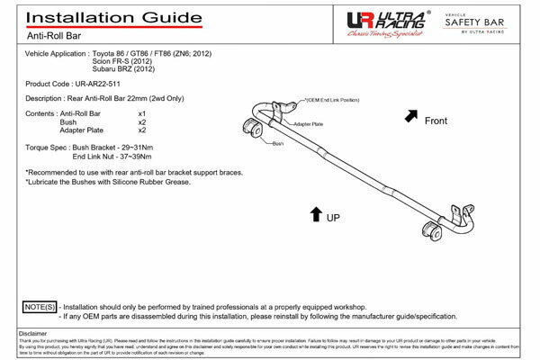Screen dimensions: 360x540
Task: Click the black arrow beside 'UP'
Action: pos(315,213)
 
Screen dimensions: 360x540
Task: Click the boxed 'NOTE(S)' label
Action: pos(39,306)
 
